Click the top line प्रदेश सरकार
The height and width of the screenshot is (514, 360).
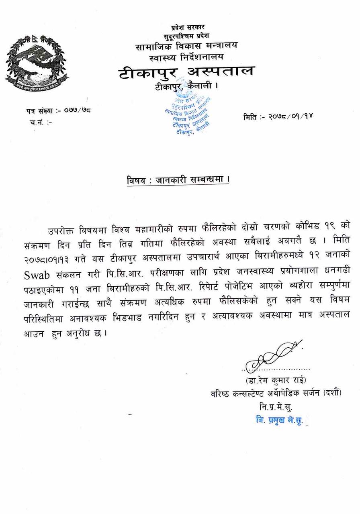pyautogui.click(x=188, y=27)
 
